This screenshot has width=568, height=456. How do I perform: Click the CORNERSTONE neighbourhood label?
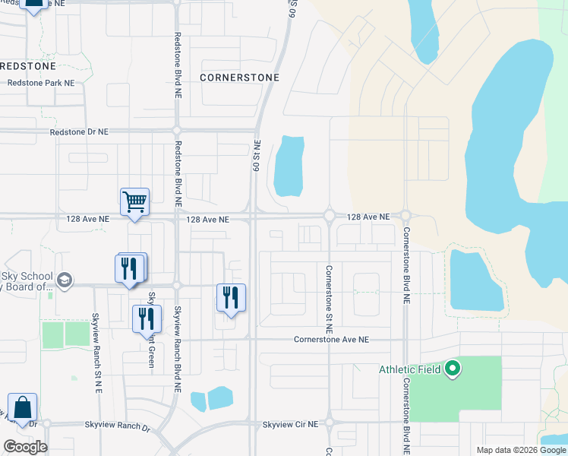pos(239,78)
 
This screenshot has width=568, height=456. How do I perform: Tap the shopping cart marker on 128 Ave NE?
pos(134,203)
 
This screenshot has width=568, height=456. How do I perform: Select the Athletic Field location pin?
pos(453,370)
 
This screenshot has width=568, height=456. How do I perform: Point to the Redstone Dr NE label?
pos(79,131)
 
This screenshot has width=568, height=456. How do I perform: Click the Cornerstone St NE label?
pos(330,299)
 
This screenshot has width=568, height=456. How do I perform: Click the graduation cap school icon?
pos(65,280)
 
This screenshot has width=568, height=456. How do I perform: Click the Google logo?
pos(25,447)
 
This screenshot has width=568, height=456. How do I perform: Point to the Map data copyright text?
pos(519,450)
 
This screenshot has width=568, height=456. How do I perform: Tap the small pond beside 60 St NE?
pos(289,166)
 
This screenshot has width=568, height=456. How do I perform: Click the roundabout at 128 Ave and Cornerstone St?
pos(330,216)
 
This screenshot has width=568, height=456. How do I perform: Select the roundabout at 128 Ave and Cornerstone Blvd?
pos(405,216)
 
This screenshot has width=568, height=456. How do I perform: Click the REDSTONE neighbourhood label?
pos(27,66)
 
